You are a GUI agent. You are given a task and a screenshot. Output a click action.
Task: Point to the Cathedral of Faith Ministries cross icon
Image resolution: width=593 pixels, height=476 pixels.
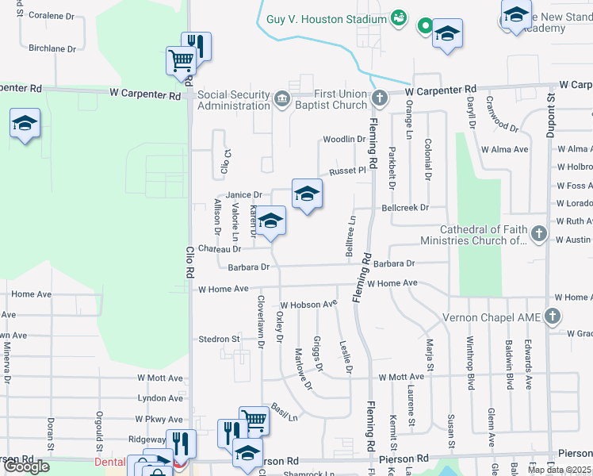tap(539, 233)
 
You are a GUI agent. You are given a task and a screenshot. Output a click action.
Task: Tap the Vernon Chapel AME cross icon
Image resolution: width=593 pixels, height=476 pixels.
tap(553, 317)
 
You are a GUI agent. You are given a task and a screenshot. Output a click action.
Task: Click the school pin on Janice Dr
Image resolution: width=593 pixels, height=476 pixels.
tap(308, 194)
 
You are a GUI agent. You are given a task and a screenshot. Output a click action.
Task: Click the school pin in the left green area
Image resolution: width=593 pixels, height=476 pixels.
tap(25, 124)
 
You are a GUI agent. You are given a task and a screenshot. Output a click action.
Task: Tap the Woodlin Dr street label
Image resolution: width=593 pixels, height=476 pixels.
tap(342, 140)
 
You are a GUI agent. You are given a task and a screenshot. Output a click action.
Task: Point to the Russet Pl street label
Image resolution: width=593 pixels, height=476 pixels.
tap(348, 170)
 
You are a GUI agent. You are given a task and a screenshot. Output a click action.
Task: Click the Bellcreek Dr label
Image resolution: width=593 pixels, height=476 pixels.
tap(404, 208)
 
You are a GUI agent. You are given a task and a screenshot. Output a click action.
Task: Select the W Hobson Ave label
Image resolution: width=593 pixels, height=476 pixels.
tap(308, 304)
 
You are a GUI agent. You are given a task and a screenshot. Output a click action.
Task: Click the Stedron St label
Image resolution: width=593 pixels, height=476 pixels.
tap(219, 339)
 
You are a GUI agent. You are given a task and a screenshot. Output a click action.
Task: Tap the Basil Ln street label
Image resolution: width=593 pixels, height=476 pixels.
tap(283, 413)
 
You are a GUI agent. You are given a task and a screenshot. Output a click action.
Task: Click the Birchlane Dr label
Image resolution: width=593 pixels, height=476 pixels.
tap(52, 48)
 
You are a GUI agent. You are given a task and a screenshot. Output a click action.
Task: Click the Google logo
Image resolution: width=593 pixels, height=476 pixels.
tap(26, 466)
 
